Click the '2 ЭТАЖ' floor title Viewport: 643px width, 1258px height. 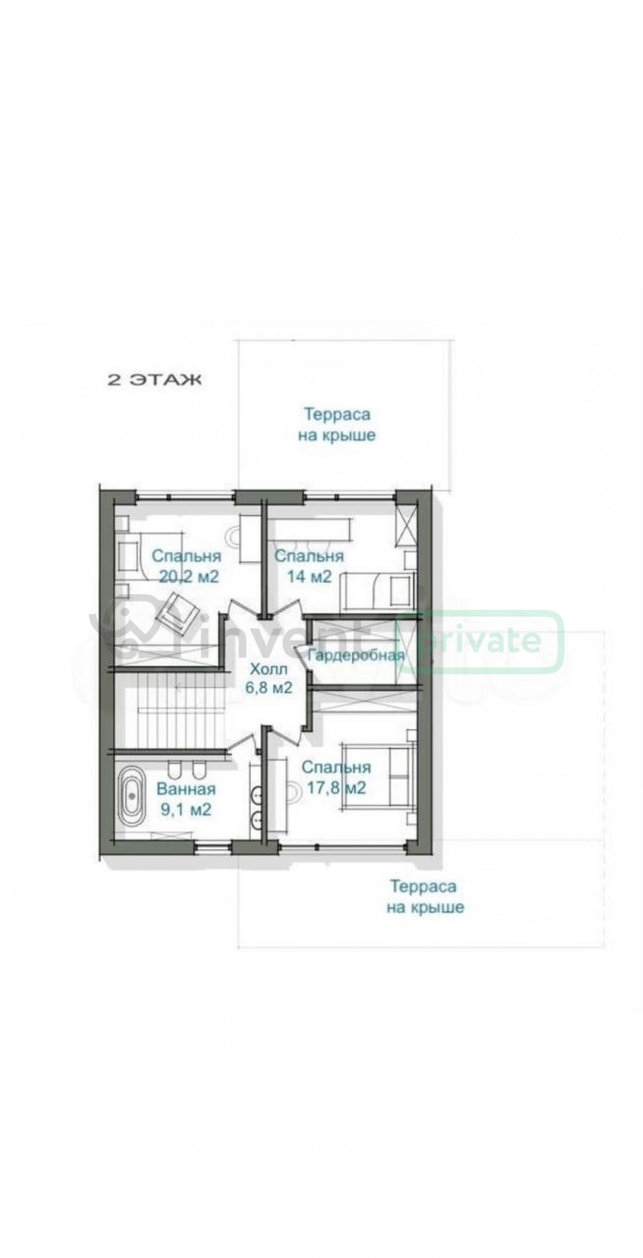click(155, 380)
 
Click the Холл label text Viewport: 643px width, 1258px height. click(269, 669)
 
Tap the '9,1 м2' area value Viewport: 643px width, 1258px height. click(186, 809)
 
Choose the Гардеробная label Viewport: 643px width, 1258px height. click(356, 656)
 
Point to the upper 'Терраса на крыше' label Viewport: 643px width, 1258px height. click(337, 424)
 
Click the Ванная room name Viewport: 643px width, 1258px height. click(186, 789)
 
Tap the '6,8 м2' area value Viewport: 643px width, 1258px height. click(269, 687)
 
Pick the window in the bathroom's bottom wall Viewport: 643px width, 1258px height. click(213, 847)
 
